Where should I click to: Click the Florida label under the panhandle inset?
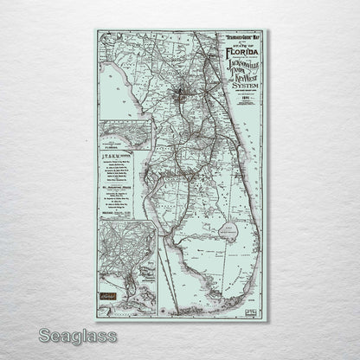(x=125, y=147)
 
